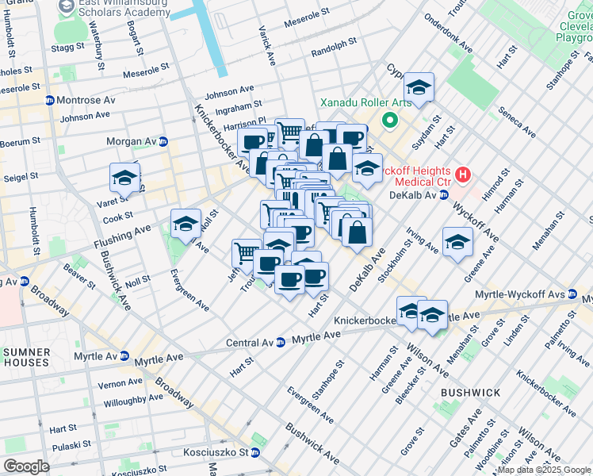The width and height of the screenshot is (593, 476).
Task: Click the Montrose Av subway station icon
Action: click(x=49, y=101)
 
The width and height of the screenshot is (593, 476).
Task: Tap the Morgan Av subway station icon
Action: click(x=163, y=142)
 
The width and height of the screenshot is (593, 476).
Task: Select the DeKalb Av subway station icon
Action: click(x=444, y=194)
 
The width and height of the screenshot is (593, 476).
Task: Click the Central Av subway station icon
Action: click(x=280, y=343)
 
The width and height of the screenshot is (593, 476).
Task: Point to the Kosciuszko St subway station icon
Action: click(x=255, y=453)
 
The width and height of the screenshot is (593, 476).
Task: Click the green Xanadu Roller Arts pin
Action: click(x=388, y=121)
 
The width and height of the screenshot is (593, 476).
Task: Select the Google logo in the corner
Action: click(x=26, y=466)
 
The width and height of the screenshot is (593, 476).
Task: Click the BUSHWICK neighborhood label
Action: click(x=472, y=393)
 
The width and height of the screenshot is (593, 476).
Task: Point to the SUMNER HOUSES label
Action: click(x=26, y=357)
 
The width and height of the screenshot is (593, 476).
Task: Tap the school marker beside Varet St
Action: click(x=124, y=178)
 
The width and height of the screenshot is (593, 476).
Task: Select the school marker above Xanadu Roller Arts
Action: click(x=418, y=87)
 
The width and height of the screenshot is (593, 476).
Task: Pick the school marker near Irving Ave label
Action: click(x=457, y=242)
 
